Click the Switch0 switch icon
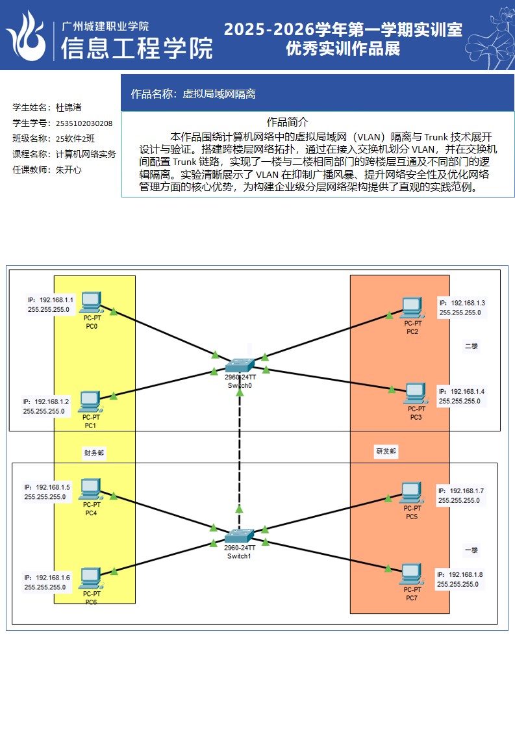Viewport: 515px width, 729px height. tap(240, 365)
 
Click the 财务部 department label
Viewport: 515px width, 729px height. tap(94, 453)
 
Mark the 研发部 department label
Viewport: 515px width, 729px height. tap(386, 450)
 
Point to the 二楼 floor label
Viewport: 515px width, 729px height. tap(471, 346)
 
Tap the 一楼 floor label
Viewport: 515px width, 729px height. tap(471, 550)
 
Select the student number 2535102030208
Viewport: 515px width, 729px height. tap(84, 123)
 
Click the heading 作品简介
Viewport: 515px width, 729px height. tap(287, 122)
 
